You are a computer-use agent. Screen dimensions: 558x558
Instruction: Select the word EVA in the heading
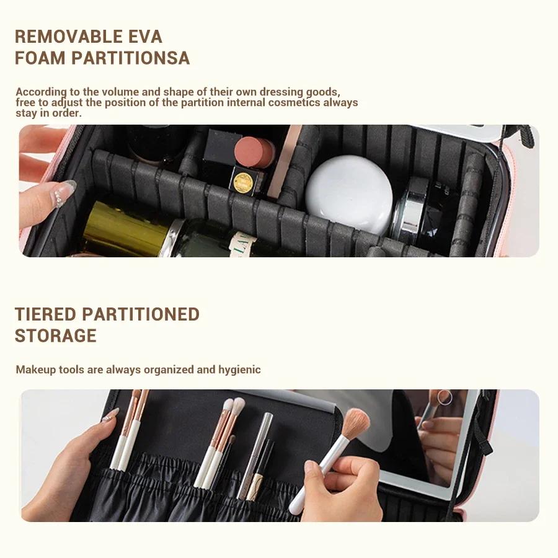click(147, 37)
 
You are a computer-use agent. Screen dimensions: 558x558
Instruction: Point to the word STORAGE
click(56, 336)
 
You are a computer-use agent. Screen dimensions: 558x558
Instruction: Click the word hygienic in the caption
click(239, 370)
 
